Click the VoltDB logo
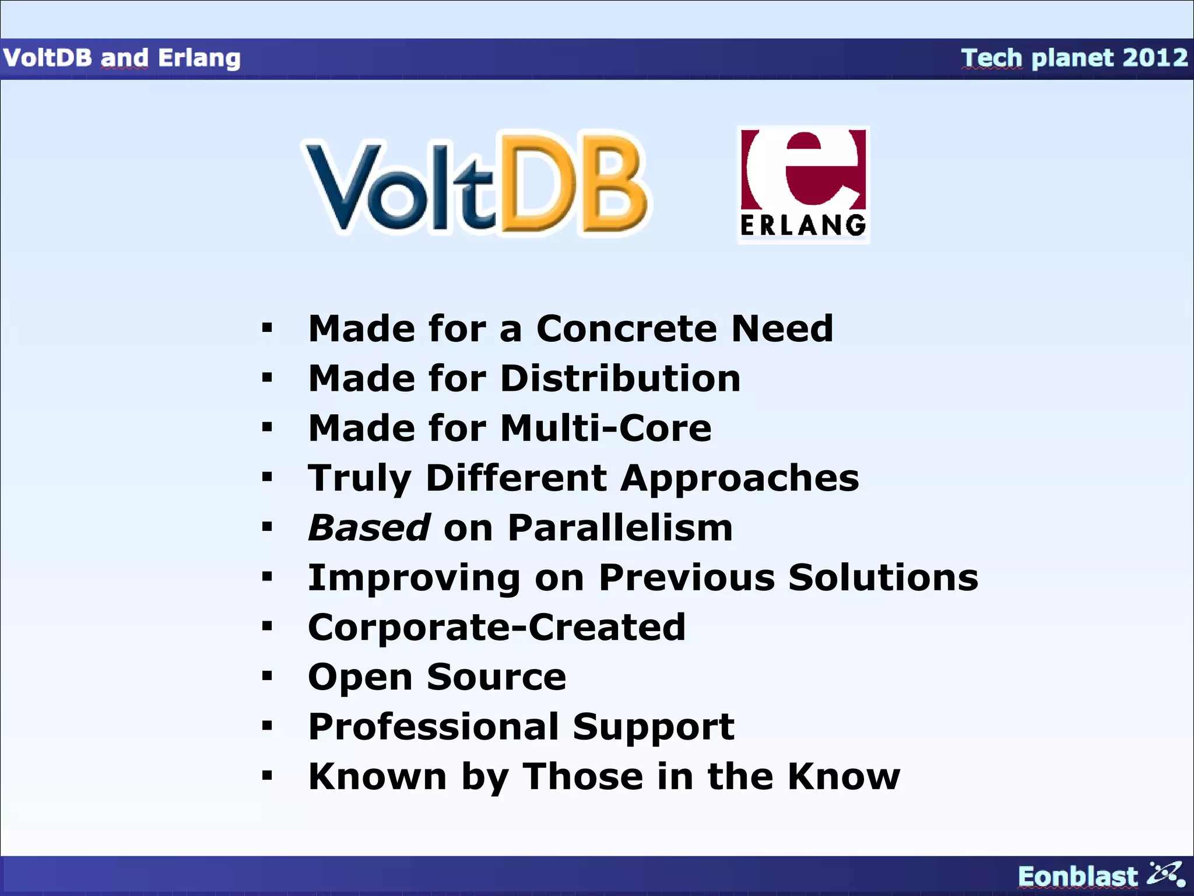point(475,184)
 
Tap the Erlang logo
point(803,184)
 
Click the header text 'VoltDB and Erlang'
point(121,58)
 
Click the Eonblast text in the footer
point(1077,877)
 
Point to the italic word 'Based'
point(369,528)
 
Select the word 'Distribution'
point(620,379)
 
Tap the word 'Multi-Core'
point(606,428)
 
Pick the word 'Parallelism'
point(620,528)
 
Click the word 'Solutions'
point(883,577)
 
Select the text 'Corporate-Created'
point(496,628)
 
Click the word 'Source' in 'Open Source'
point(496,677)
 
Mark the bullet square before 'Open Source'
point(267,677)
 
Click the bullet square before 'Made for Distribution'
point(267,378)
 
